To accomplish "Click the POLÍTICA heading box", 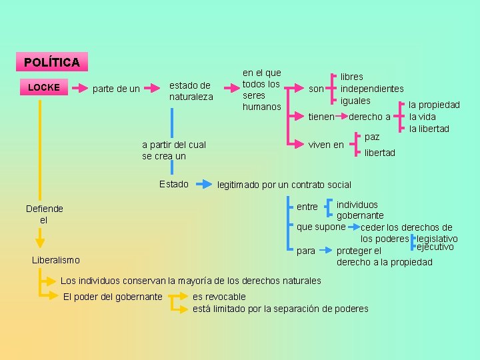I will (x=51, y=63).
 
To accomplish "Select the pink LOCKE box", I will (x=44, y=87).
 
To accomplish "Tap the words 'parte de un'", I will (x=116, y=89).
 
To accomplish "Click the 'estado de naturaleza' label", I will (x=191, y=91).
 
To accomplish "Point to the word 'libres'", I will (x=352, y=77).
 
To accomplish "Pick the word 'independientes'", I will (x=372, y=89).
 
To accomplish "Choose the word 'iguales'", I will (x=355, y=101).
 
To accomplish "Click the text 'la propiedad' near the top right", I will (x=434, y=105).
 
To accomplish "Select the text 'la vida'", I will (x=422, y=117).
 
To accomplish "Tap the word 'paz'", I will (x=372, y=137).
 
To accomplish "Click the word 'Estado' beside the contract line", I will (x=174, y=184).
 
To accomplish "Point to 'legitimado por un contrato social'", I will (x=284, y=185).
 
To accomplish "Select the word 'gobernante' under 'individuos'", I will (x=360, y=215).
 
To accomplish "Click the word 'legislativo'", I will (x=437, y=239).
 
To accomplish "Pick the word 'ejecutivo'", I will (x=435, y=247).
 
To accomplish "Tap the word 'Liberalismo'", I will (x=55, y=260).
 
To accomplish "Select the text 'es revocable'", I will (x=219, y=297).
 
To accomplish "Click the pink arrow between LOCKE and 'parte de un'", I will (x=77, y=88).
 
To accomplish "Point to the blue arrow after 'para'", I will (x=326, y=251).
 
